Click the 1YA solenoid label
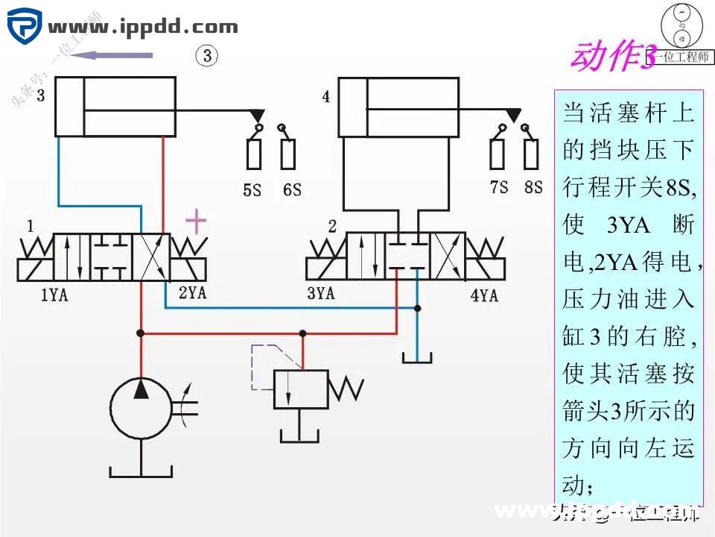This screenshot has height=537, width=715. coord(54,295)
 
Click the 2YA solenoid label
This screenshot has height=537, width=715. coord(191,293)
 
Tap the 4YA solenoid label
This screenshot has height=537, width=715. coord(483,295)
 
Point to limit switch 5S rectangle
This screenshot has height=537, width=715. coord(254,154)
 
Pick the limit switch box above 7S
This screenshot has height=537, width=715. coord(498,154)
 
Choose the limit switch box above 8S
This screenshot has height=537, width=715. coord(531,154)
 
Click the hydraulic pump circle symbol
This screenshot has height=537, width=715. coord(141,408)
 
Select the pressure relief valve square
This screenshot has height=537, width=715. coord(302,389)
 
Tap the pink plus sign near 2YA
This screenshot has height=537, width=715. coord(196,221)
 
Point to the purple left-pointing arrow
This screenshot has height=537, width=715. coord(115,54)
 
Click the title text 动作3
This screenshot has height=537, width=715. coord(614,57)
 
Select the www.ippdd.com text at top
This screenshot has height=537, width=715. coord(143,28)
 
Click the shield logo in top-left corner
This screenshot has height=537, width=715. coord(26,28)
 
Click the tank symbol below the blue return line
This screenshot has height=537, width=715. coord(418,359)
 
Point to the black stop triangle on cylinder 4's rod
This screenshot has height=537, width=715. coord(512,115)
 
